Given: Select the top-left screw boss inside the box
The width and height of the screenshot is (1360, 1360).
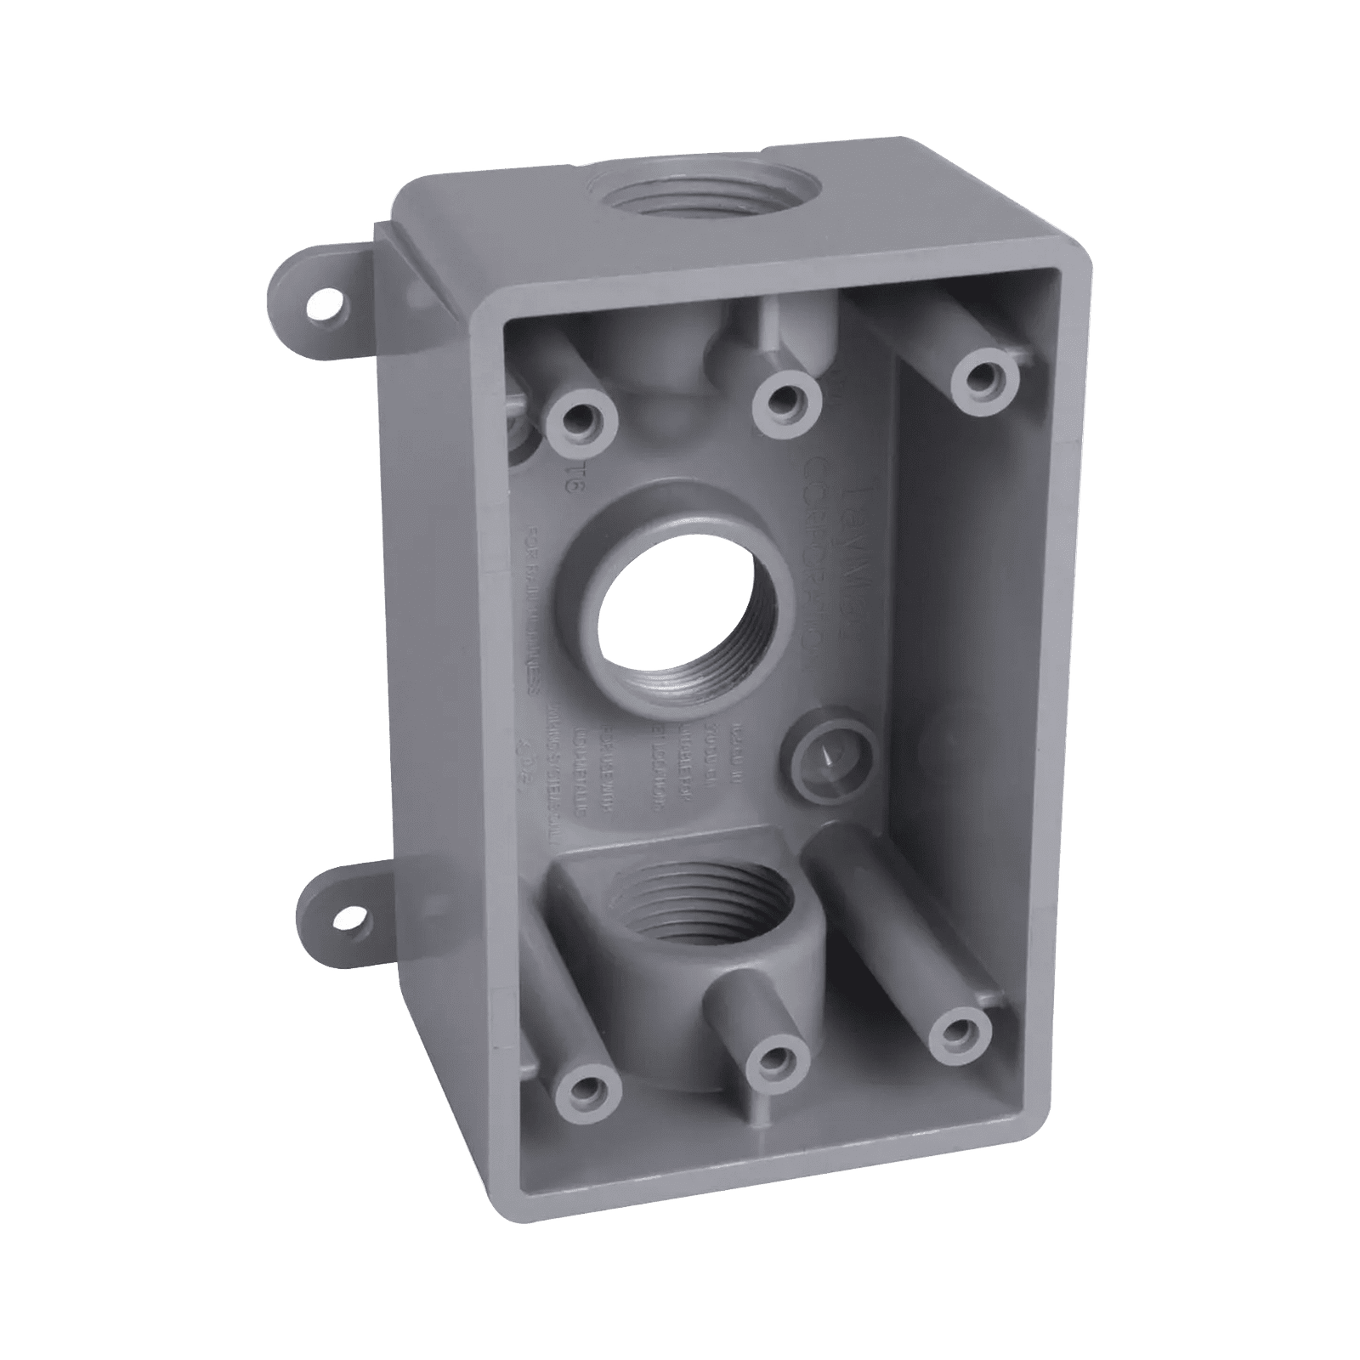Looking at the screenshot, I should (581, 418).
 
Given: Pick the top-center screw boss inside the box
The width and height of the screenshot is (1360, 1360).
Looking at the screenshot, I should (789, 398).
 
